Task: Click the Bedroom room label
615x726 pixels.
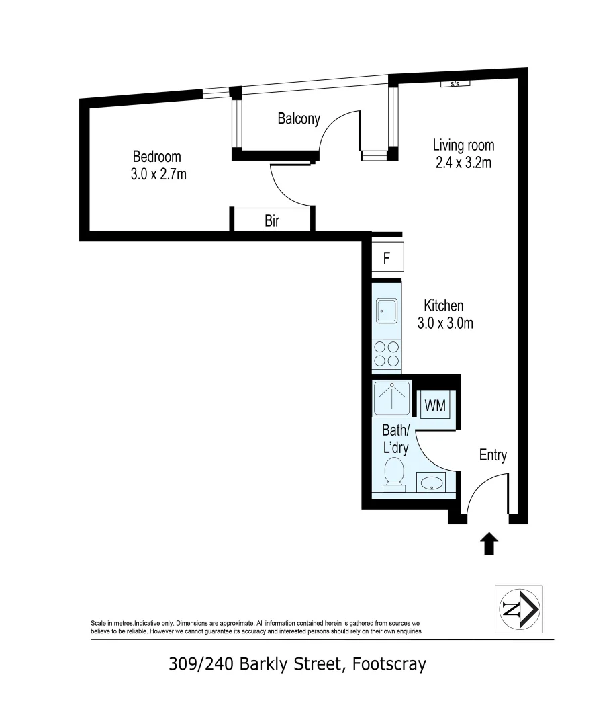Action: click(156, 157)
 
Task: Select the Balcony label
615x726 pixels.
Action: click(299, 119)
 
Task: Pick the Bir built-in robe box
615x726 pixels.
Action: click(272, 220)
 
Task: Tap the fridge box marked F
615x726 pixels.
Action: click(387, 258)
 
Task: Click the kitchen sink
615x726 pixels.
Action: click(387, 311)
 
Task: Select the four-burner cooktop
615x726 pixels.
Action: click(387, 354)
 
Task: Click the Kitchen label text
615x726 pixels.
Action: click(443, 306)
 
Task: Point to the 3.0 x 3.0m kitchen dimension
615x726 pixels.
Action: click(445, 323)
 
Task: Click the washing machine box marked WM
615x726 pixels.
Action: click(435, 406)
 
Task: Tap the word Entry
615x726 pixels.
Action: click(492, 455)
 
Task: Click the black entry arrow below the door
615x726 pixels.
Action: click(489, 543)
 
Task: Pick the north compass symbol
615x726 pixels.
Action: click(518, 609)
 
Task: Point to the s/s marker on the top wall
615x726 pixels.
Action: click(455, 84)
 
